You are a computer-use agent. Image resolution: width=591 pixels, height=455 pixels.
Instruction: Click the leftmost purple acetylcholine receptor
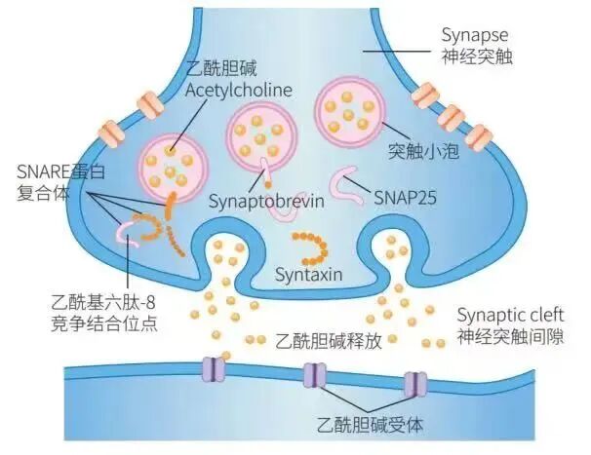pyautogui.click(x=212, y=369)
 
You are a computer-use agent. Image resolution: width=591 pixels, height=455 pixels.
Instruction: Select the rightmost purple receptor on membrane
pyautogui.click(x=414, y=383)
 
